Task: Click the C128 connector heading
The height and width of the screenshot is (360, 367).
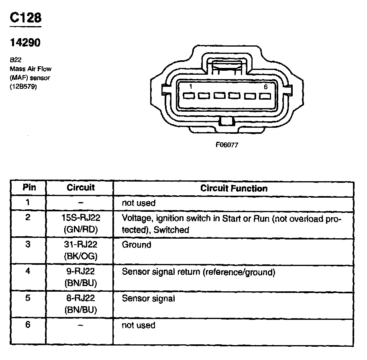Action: (25, 18)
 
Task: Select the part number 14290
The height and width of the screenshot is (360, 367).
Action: (25, 42)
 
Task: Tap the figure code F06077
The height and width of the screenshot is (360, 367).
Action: (227, 145)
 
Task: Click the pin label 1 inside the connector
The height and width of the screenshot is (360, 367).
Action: (190, 87)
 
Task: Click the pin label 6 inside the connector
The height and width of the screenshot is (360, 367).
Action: (265, 87)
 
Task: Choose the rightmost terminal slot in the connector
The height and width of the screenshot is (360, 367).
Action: (264, 96)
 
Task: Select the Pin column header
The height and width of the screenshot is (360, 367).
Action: (29, 188)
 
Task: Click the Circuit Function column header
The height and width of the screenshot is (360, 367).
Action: (234, 188)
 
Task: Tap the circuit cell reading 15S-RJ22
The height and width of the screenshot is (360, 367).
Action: (81, 219)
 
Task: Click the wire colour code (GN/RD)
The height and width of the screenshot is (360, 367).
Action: (81, 230)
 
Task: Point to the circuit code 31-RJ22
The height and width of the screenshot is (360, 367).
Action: (81, 244)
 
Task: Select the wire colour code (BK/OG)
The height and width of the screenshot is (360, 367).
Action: (81, 256)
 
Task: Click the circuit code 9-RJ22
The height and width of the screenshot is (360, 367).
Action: (81, 272)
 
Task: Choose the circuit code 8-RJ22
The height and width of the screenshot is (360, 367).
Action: (81, 299)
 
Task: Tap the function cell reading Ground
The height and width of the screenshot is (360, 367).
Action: (136, 245)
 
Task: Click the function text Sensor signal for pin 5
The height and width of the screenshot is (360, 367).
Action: (148, 299)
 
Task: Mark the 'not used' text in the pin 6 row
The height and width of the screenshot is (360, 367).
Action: (138, 325)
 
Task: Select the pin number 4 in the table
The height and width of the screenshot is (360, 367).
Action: (28, 271)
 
